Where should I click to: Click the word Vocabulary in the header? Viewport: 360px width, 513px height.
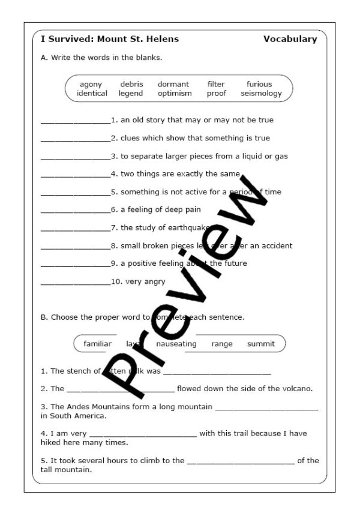(x=290, y=40)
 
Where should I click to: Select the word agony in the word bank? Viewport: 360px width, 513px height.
(x=91, y=85)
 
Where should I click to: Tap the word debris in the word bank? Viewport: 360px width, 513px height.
(x=131, y=85)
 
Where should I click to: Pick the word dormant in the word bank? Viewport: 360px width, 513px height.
(x=173, y=85)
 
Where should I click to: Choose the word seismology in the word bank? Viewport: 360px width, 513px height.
(x=261, y=94)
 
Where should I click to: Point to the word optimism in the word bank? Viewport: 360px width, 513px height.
(x=175, y=94)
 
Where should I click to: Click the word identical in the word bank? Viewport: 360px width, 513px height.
(x=92, y=94)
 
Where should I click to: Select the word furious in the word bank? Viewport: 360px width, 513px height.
(x=259, y=85)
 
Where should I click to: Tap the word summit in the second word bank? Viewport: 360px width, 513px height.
(x=261, y=344)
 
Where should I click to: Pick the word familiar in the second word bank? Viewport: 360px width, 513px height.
(x=98, y=344)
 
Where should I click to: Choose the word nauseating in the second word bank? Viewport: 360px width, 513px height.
(x=176, y=344)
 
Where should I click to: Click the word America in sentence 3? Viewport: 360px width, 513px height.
(x=90, y=415)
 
